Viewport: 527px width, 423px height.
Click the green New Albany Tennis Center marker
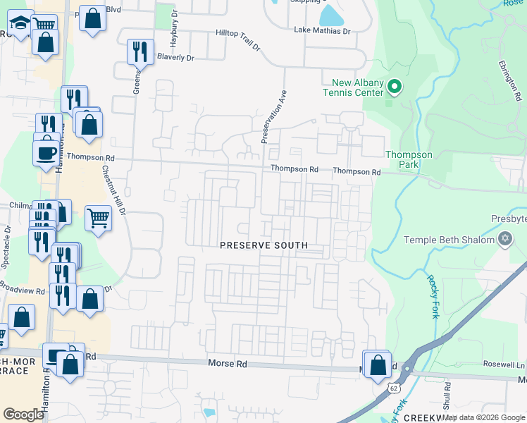(395, 87)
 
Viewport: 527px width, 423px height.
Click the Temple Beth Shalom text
(449, 240)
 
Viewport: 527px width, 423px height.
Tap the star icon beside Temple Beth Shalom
(504, 240)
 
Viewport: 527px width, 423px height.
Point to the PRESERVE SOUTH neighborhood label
(263, 245)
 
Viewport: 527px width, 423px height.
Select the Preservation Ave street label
(275, 116)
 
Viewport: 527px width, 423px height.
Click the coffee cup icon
(46, 153)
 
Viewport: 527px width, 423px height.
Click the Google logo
(24, 415)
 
